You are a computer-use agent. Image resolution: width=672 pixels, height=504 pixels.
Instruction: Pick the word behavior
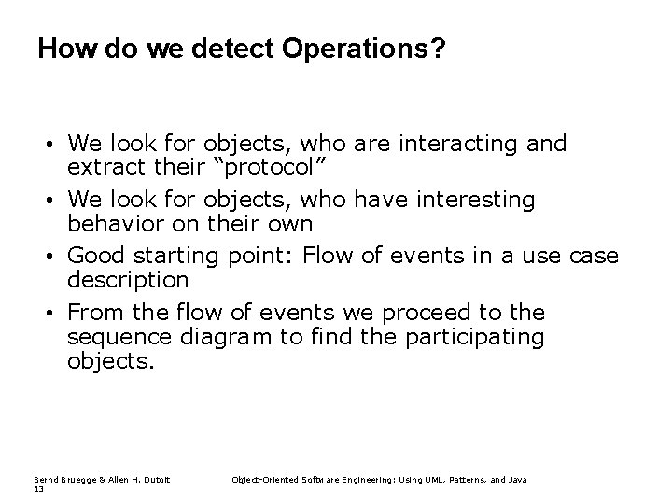[x=111, y=224]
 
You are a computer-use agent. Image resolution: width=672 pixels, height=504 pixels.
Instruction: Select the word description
[x=128, y=280]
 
